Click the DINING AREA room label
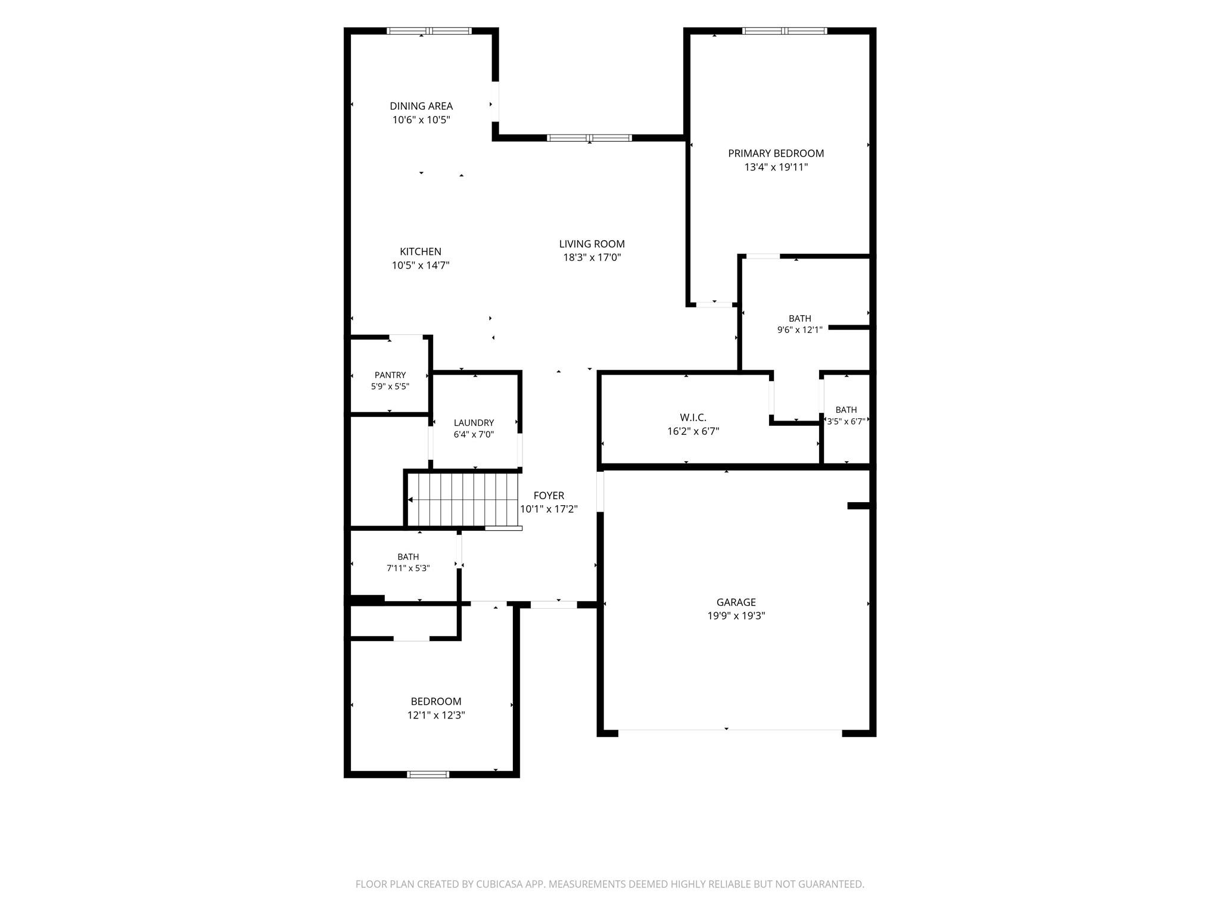[421, 106]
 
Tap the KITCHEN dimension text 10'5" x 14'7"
[421, 265]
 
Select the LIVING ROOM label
[592, 244]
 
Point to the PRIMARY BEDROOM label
[776, 153]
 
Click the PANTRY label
[390, 375]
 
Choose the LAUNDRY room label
[474, 423]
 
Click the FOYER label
[549, 496]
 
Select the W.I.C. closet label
[693, 418]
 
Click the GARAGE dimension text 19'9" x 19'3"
[736, 616]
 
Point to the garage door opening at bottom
[730, 730]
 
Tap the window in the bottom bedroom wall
[428, 774]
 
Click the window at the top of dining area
[430, 31]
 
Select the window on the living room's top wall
[590, 138]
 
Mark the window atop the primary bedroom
[785, 31]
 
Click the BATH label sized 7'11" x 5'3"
[408, 557]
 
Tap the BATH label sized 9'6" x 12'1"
[800, 319]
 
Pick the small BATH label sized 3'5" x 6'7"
[846, 410]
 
